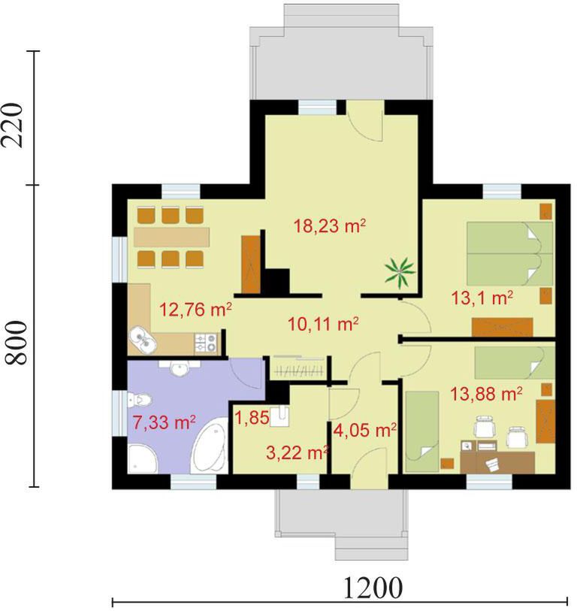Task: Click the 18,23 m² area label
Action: pos(330,225)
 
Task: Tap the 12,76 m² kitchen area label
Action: pos(196,310)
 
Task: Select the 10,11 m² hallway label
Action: pos(323,324)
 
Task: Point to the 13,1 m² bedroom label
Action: pos(482,298)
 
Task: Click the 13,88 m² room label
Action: pos(486,394)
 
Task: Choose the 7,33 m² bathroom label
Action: pos(164,422)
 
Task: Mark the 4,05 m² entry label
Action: pos(365,431)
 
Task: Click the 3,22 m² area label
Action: pos(298,452)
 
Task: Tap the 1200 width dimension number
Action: pos(373,588)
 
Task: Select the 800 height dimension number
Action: pos(17,343)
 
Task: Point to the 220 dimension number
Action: pos(13,125)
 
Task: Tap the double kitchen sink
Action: pos(143,339)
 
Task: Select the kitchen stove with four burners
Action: pos(205,342)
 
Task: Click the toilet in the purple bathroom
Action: pos(140,400)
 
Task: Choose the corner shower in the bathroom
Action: pos(142,458)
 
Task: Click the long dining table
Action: pos(171,237)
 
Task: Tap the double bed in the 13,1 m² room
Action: pos(509,254)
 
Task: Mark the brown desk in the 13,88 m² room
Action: pos(497,462)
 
